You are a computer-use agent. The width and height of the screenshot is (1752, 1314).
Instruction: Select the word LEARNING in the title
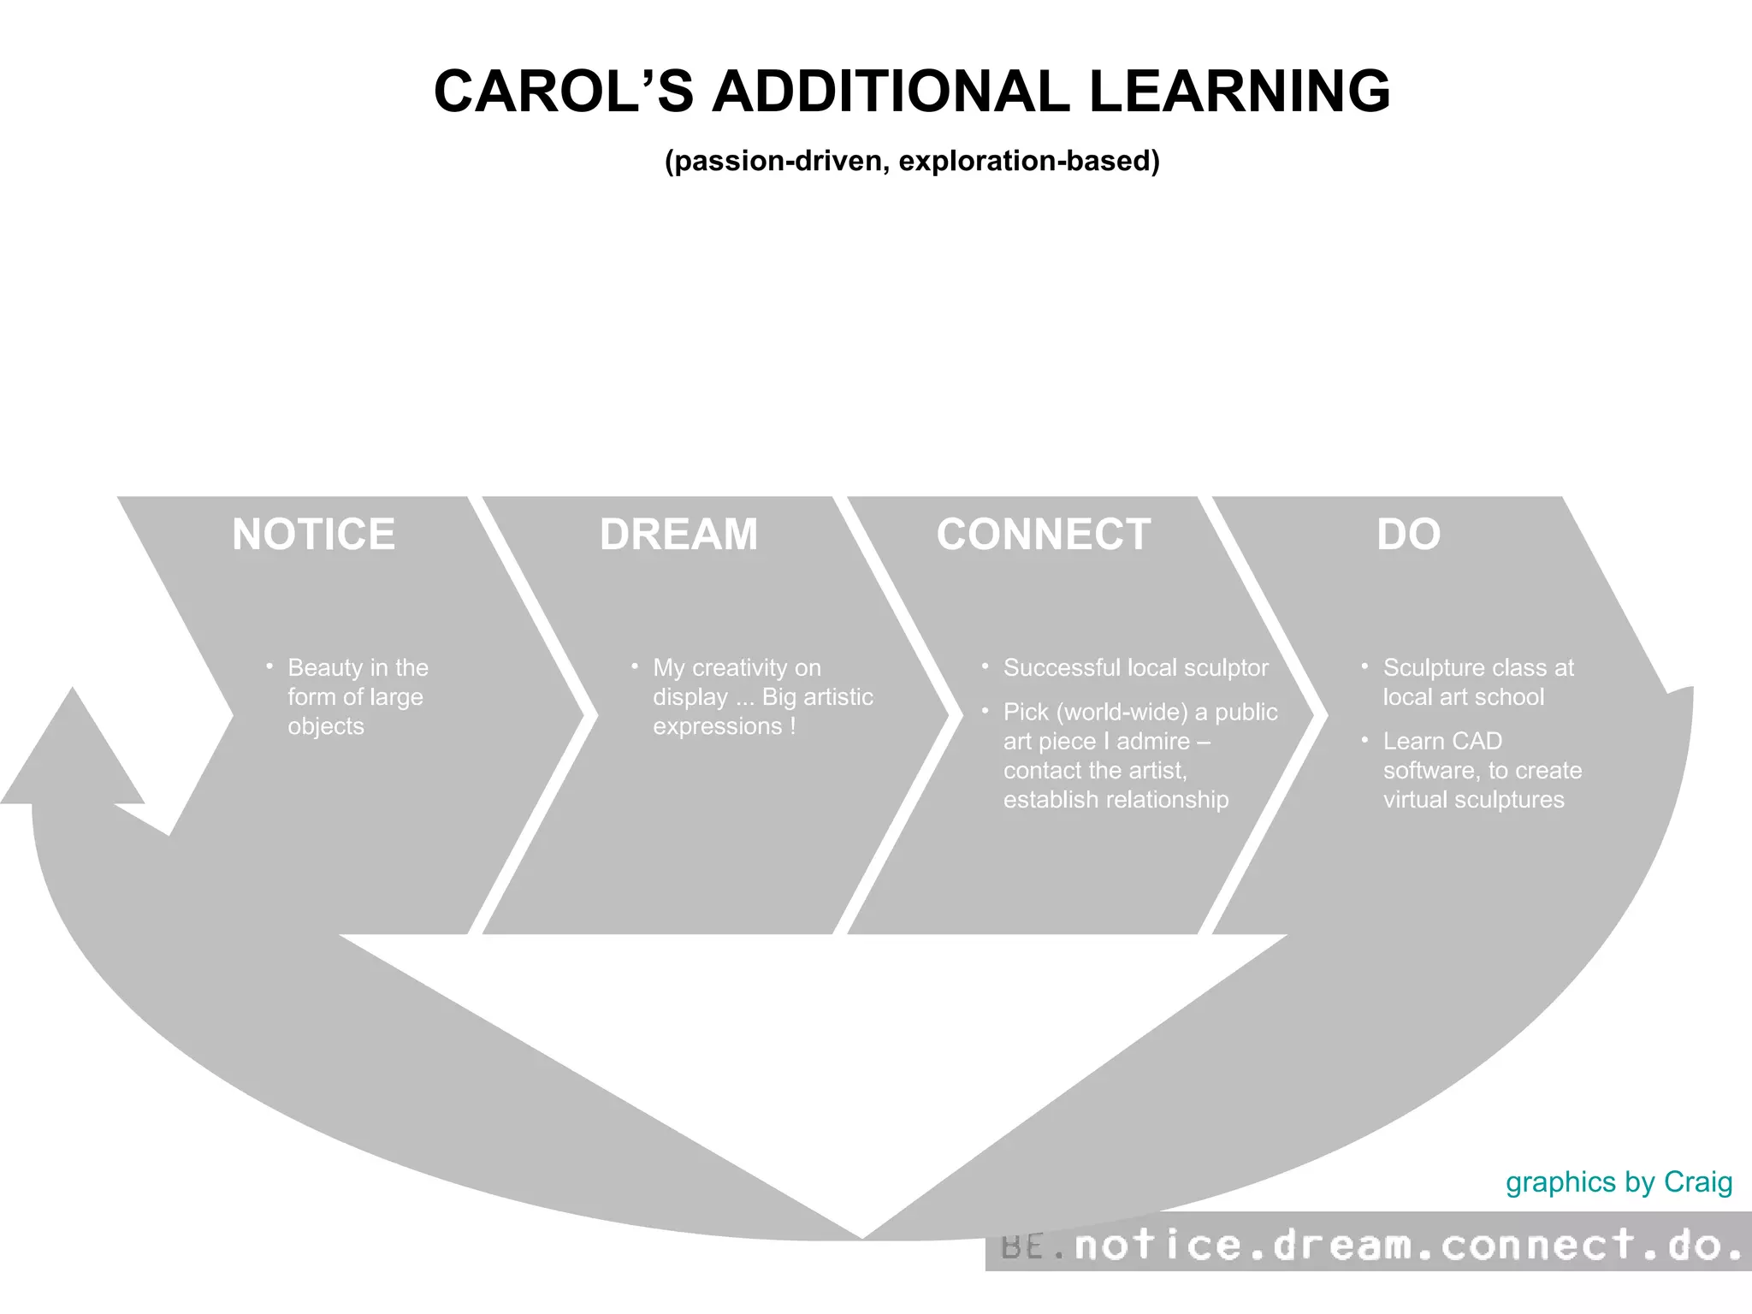pyautogui.click(x=1240, y=92)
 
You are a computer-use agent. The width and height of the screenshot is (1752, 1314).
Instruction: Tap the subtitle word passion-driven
pyautogui.click(x=778, y=161)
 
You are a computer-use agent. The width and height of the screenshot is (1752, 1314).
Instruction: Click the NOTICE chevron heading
pyautogui.click(x=313, y=535)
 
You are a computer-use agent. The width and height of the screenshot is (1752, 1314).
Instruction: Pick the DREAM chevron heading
pyautogui.click(x=678, y=535)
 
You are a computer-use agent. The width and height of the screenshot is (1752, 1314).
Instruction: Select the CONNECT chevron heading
pyautogui.click(x=1043, y=535)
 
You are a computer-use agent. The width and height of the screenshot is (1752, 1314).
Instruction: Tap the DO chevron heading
pyautogui.click(x=1408, y=535)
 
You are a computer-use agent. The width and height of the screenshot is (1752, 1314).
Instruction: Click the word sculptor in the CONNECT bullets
pyautogui.click(x=1226, y=667)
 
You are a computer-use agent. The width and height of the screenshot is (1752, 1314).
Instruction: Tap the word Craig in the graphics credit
pyautogui.click(x=1698, y=1181)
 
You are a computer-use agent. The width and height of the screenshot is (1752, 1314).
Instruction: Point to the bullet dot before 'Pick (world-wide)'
pyautogui.click(x=985, y=710)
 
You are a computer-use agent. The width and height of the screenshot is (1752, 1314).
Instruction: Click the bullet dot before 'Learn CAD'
pyautogui.click(x=1364, y=739)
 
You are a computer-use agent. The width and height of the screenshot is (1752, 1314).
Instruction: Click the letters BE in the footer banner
pyautogui.click(x=1021, y=1247)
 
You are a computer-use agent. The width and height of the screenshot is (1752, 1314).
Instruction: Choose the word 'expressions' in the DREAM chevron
pyautogui.click(x=718, y=725)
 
